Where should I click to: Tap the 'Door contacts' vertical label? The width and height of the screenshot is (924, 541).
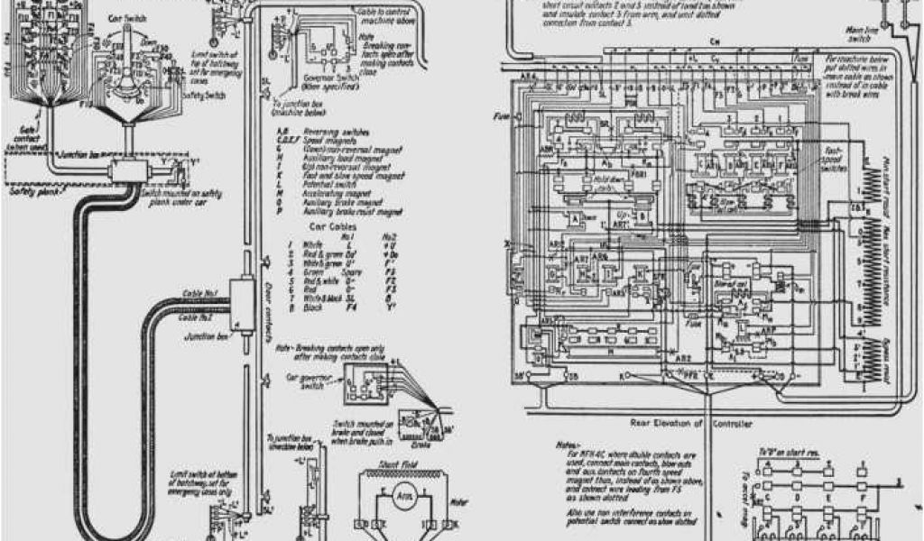273,298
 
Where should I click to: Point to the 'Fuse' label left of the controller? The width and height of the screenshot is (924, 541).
504,117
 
